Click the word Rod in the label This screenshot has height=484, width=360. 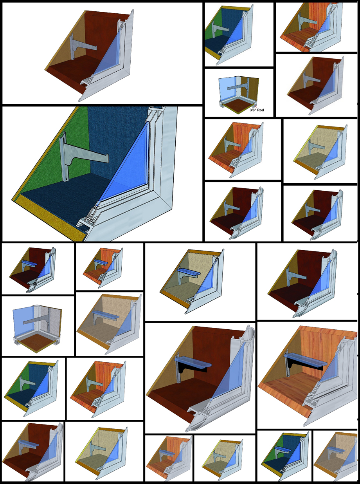tap(261, 110)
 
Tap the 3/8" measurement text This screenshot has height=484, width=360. tap(253, 110)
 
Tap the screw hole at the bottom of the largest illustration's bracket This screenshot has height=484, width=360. tap(66, 179)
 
